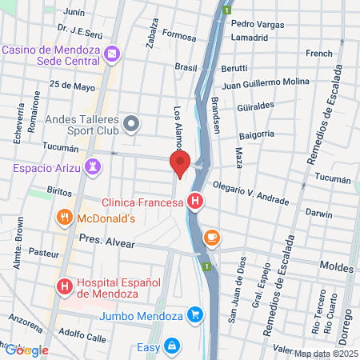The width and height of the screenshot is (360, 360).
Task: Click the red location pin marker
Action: click(180, 164)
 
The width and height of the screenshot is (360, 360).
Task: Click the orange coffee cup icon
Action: click(211, 237)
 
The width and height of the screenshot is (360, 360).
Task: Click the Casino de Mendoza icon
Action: click(114, 54)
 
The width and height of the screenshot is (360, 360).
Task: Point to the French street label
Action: click(318, 54)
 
